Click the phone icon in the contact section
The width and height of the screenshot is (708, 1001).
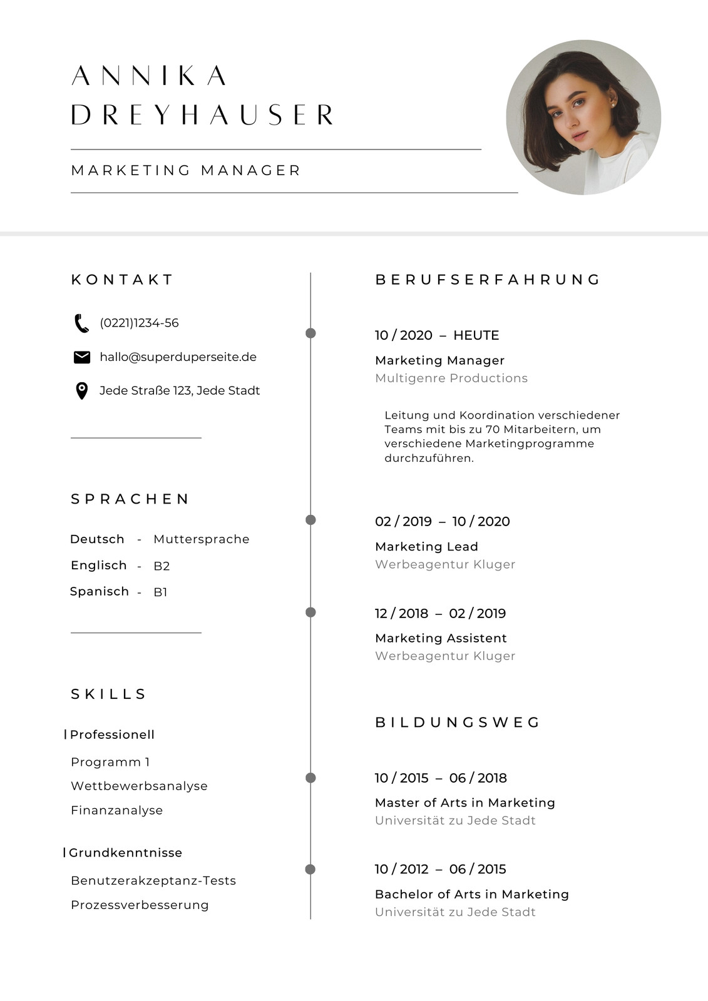81,323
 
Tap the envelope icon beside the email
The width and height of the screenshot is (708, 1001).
81,357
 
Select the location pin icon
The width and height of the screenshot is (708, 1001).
81,391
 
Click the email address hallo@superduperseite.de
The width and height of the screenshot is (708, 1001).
178,357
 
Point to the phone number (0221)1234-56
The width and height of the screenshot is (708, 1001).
139,323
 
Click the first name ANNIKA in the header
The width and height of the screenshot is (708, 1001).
149,76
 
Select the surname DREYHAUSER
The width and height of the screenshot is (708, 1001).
202,115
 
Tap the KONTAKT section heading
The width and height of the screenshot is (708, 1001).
122,280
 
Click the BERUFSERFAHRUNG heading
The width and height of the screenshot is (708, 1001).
488,280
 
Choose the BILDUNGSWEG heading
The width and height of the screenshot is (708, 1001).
458,723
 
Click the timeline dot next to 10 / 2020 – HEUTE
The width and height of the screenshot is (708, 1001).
310,333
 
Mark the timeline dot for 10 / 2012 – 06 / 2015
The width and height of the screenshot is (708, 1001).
310,869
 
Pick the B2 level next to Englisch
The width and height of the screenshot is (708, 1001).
162,566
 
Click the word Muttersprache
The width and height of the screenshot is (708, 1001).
201,539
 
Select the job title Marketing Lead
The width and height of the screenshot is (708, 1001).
426,547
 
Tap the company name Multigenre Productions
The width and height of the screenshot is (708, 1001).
451,378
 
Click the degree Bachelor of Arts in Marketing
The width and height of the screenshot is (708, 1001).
471,894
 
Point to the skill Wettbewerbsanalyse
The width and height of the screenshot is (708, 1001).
139,786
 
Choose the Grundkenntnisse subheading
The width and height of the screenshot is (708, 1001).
125,853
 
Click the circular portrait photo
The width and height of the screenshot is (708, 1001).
583,118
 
